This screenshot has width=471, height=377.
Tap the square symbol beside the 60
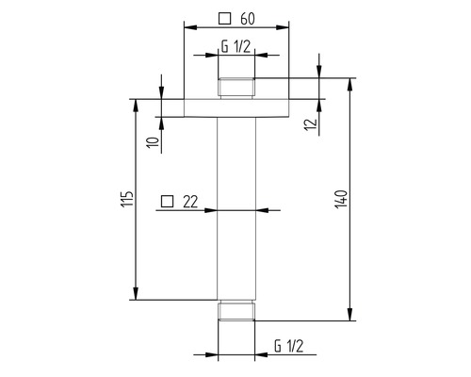point(223,18)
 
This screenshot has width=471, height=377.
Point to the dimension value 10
point(152,141)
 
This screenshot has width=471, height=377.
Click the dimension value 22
point(190,201)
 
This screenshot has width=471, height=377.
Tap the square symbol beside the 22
point(167,201)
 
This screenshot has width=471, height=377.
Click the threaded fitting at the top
point(237,87)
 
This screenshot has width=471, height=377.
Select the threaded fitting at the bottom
point(237,313)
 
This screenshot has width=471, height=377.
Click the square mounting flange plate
point(237,106)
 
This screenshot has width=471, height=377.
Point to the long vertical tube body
point(237,207)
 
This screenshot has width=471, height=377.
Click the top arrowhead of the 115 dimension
point(137,101)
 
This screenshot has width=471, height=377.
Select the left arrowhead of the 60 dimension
point(187,29)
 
